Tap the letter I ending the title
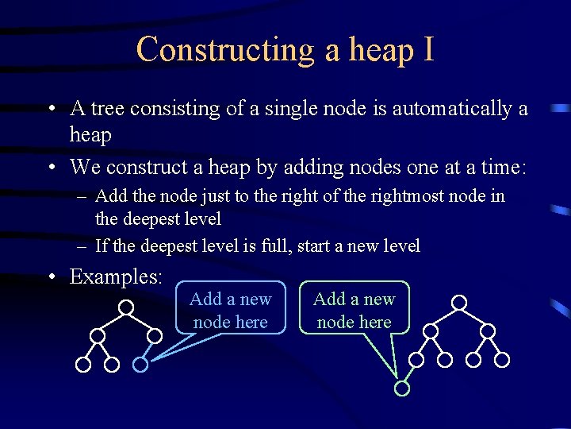[x=428, y=49]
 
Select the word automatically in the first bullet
[x=453, y=108]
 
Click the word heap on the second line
[x=90, y=135]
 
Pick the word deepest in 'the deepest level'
[x=149, y=218]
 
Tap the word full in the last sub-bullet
[x=278, y=246]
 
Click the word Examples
[x=116, y=276]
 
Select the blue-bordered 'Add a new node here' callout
[x=230, y=310]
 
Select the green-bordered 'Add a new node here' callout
[x=354, y=310]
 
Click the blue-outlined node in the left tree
[x=140, y=365]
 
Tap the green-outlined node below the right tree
[x=402, y=388]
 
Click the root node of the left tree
[x=126, y=306]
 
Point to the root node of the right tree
[x=459, y=303]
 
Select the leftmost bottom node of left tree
[x=83, y=365]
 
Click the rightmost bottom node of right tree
[x=502, y=360]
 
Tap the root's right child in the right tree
[x=488, y=331]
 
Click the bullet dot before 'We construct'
[x=51, y=168]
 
